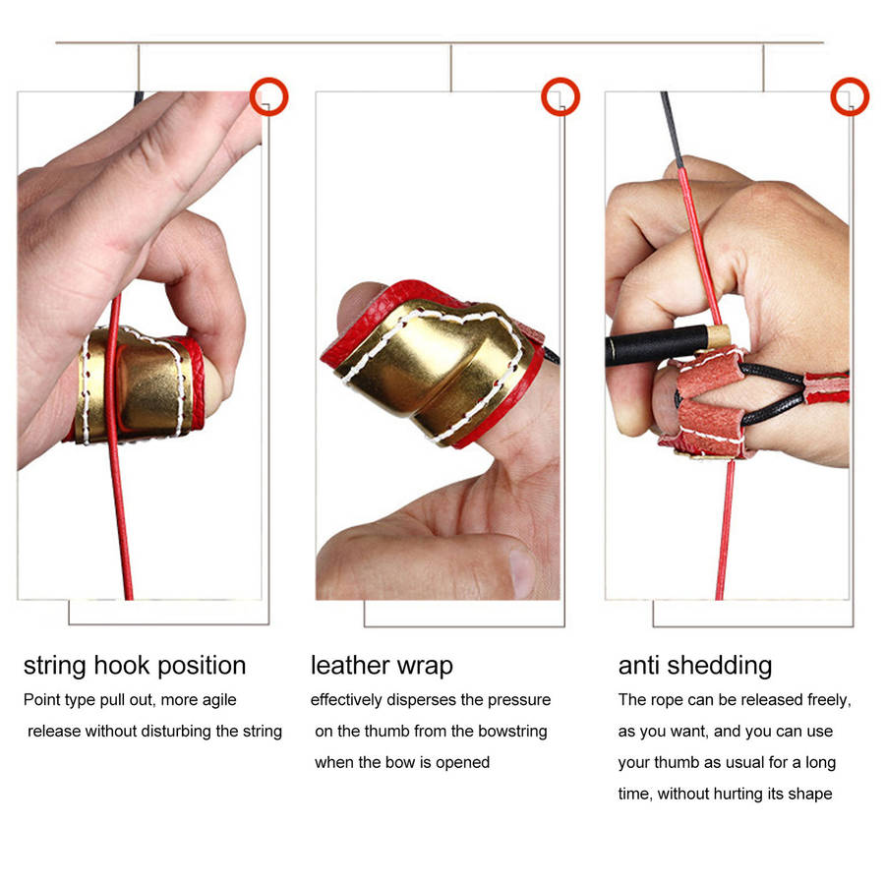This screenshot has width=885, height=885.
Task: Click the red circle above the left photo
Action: coord(268,96)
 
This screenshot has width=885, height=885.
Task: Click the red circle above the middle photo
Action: coord(560,96)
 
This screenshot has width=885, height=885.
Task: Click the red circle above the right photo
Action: coord(850,96)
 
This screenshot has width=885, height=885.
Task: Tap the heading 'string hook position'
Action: coord(135,666)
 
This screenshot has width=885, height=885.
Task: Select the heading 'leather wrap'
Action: coord(382,666)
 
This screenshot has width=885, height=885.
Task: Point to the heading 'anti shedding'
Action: coord(694,666)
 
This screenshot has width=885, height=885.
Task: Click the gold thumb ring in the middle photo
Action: coord(433,364)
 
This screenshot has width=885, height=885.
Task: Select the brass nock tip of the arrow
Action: coord(722,336)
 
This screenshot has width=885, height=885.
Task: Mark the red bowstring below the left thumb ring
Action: coord(121,521)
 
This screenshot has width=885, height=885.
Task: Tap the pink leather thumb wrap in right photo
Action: coord(703,403)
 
